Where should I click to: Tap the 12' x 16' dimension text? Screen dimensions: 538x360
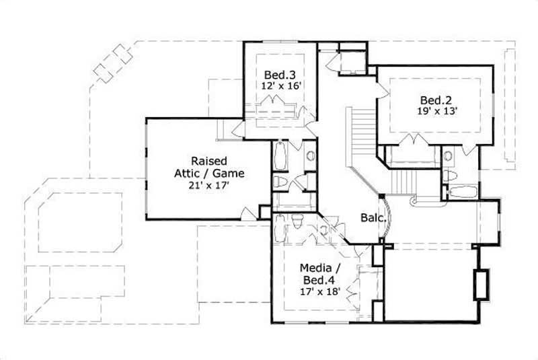point(280,86)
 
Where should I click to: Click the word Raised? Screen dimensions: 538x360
point(208,161)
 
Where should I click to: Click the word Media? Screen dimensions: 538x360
point(315,268)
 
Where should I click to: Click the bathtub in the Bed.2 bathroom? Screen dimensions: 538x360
point(463,191)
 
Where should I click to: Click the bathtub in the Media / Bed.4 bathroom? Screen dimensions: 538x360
point(280,233)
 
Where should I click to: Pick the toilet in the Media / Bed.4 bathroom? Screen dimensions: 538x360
point(297,220)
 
